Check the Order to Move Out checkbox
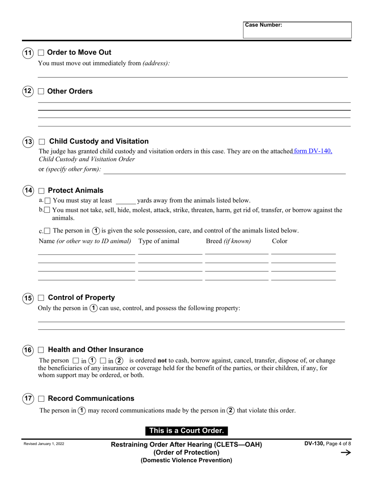[41, 53]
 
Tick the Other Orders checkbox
[41, 91]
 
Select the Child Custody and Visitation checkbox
[42, 142]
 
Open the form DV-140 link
[313, 151]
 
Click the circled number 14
[28, 191]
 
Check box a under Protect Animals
[48, 201]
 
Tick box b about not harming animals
[47, 210]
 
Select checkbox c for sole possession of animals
[47, 231]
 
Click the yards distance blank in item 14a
[126, 201]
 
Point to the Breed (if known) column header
[228, 241]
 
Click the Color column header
[280, 241]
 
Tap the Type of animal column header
[159, 241]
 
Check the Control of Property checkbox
[41, 298]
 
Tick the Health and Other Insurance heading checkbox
[41, 350]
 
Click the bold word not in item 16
[162, 360]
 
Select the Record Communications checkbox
[41, 399]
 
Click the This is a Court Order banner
[186, 431]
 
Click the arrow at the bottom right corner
[345, 453]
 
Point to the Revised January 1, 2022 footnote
[44, 444]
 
